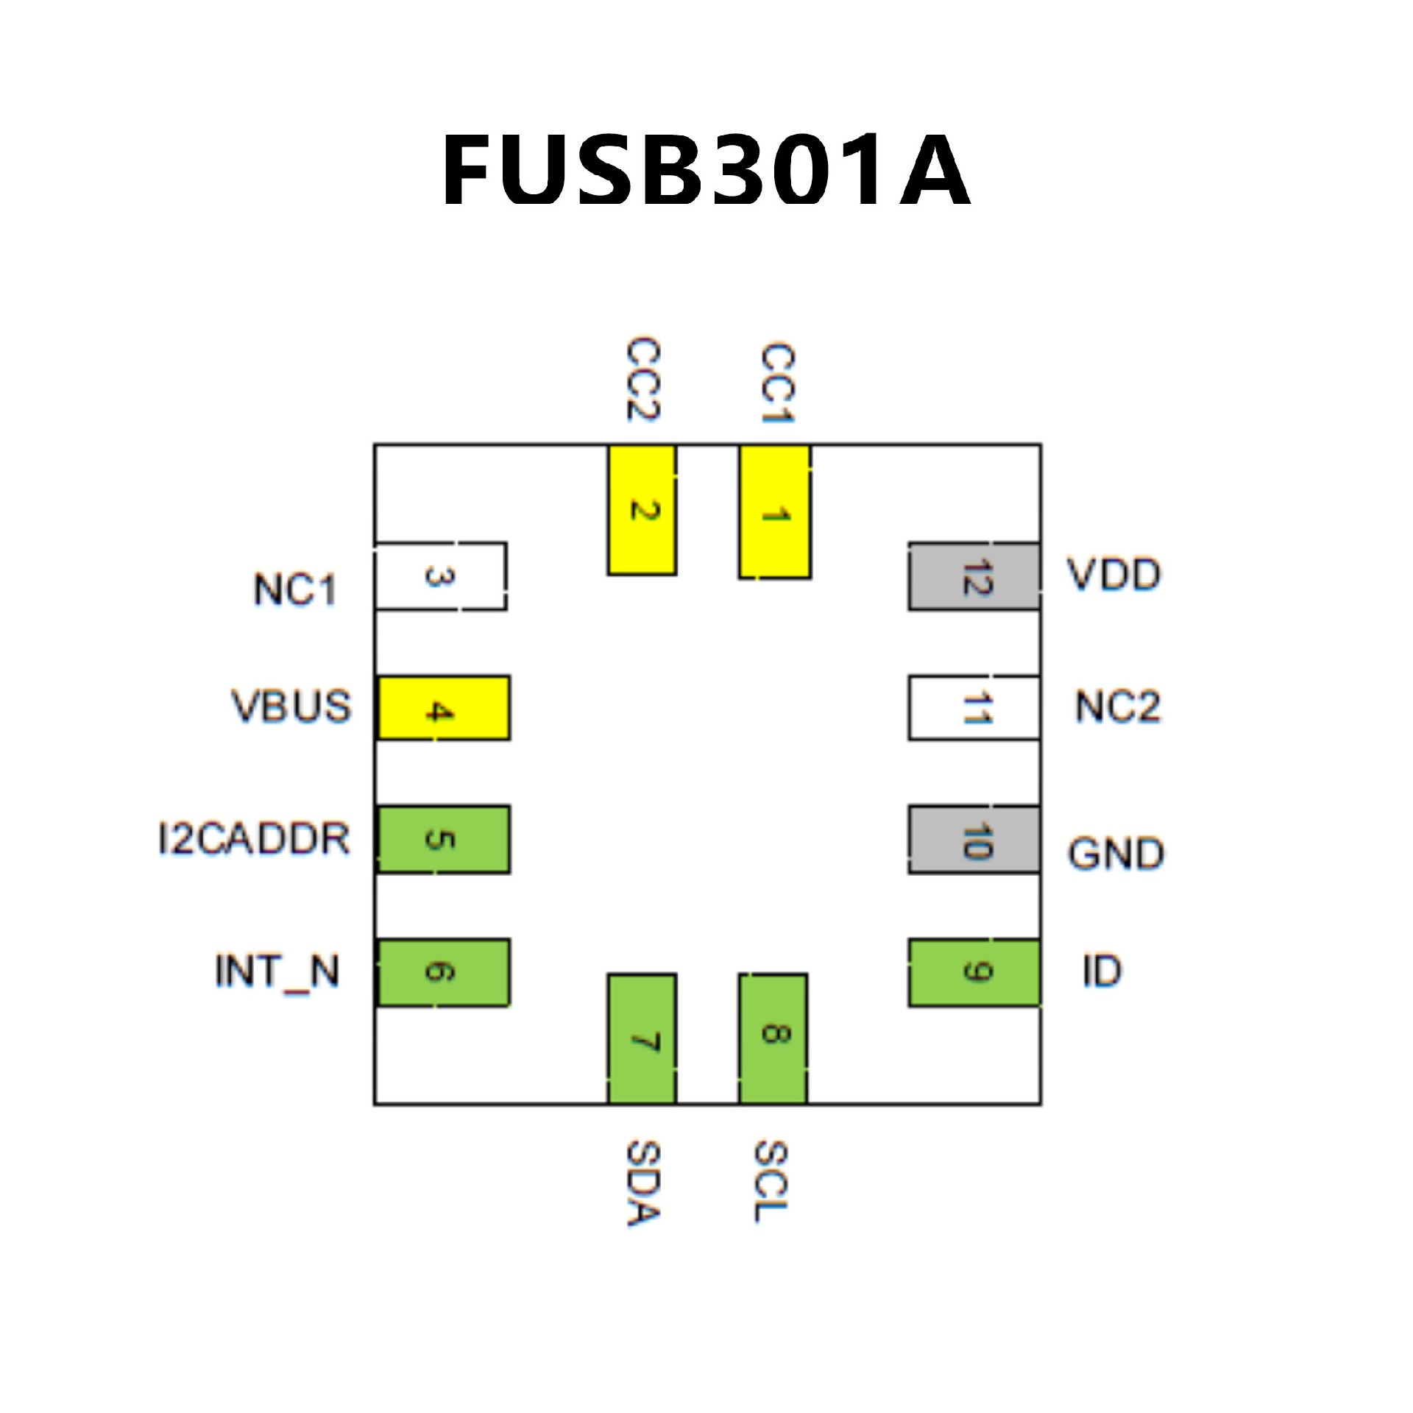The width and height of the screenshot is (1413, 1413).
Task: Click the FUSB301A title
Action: (706, 169)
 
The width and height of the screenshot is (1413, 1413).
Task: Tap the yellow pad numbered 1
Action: (775, 511)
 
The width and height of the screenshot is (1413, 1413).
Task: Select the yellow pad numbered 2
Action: (642, 510)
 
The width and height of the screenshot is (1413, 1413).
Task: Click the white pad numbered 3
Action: (440, 576)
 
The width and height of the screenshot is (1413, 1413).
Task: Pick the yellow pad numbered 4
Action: (443, 708)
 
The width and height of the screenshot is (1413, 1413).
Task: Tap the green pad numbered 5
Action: (443, 840)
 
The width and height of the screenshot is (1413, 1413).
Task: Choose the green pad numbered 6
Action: (443, 972)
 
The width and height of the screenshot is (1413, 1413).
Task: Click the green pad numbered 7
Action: (642, 1038)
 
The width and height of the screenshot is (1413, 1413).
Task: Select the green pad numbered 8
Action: (773, 1038)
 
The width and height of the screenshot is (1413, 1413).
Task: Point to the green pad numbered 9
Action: (974, 972)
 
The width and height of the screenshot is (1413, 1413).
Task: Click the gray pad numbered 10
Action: (974, 840)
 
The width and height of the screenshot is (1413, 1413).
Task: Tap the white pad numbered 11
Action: (974, 708)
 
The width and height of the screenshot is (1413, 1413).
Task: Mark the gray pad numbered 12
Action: (974, 576)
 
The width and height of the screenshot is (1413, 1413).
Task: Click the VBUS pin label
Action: (292, 706)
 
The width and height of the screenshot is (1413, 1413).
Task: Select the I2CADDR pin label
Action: (254, 839)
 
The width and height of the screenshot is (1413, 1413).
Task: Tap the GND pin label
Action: (1116, 854)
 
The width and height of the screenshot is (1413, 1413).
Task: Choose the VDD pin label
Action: (1114, 575)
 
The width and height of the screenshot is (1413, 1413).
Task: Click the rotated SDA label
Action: (643, 1183)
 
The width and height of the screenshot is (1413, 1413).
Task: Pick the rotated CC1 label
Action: (776, 383)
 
